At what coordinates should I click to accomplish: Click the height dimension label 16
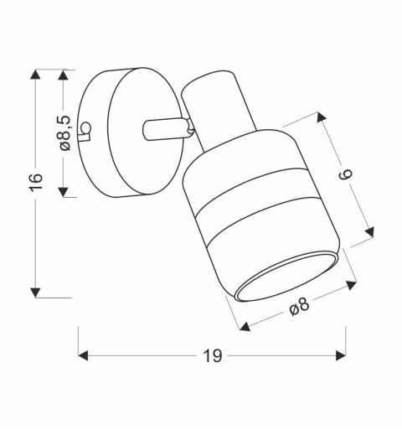(x=34, y=184)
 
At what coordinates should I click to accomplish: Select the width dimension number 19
(x=213, y=356)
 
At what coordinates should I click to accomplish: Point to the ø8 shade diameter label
(x=299, y=308)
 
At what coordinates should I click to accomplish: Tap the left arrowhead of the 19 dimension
(x=84, y=356)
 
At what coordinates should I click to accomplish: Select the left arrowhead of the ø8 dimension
(x=244, y=328)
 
